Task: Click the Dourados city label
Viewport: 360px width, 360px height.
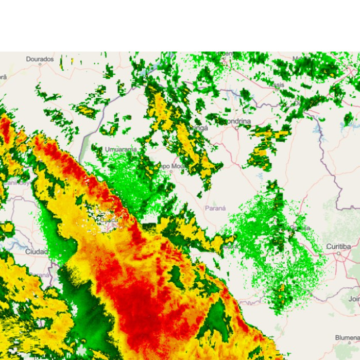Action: click(40, 59)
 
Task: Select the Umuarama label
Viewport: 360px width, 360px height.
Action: click(121, 149)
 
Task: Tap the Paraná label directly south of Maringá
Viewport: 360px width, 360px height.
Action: click(216, 208)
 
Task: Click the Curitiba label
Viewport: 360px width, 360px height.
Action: click(338, 247)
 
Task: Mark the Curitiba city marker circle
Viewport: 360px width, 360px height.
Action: click(338, 253)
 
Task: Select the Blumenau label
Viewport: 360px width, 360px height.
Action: click(347, 337)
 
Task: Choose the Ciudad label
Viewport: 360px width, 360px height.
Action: click(36, 251)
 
